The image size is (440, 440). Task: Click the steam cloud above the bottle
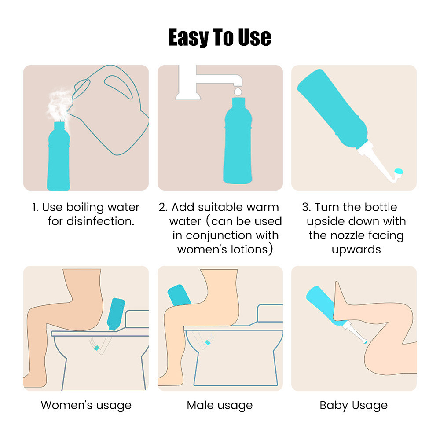tap(59, 104)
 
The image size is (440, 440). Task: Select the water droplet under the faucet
tap(238, 92)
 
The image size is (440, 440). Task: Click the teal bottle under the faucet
tap(238, 141)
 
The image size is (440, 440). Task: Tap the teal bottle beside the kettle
tap(59, 156)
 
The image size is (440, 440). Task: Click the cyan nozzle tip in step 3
tap(399, 171)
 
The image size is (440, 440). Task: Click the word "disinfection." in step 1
tap(91, 221)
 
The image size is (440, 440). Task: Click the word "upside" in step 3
tap(325, 222)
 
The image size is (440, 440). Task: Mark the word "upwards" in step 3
tap(356, 250)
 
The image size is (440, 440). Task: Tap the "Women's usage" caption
tap(86, 406)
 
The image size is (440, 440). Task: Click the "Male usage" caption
tap(220, 406)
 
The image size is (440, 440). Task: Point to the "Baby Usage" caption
tap(354, 406)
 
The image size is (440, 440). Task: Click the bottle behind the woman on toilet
tap(116, 314)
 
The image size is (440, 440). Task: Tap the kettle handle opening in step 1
tap(118, 87)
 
